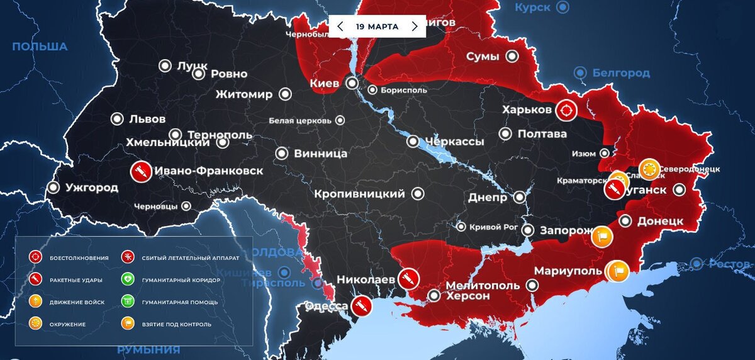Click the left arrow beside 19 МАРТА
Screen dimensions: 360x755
coord(340,26)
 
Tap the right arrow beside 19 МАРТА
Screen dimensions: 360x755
coord(415,26)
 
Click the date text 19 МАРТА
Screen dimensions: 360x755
coord(377,26)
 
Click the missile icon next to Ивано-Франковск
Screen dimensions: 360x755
coord(140,171)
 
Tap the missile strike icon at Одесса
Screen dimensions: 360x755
coord(361,307)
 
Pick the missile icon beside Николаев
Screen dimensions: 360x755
coord(408,278)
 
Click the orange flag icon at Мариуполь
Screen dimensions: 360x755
coord(618,271)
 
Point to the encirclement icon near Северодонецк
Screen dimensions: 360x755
coord(649,169)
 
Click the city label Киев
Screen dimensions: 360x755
coord(325,83)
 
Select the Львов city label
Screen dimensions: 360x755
coord(147,119)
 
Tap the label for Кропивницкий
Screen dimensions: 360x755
coord(359,194)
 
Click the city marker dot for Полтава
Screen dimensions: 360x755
coord(505,133)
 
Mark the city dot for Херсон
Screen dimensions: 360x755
coord(434,295)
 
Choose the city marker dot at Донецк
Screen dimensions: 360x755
coord(625,221)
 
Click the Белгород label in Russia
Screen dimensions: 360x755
coord(621,73)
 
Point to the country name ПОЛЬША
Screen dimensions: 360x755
coord(40,47)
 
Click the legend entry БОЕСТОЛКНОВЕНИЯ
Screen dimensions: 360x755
coord(79,257)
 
